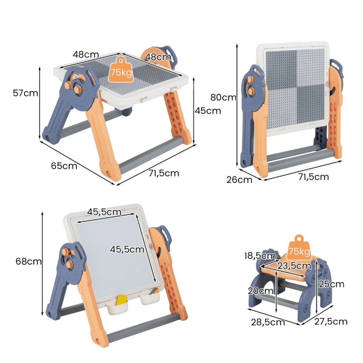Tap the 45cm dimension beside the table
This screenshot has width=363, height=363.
click(208, 110)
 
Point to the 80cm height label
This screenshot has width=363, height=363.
click(223, 97)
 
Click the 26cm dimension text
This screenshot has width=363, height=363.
click(239, 180)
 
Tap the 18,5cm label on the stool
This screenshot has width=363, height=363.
click(260, 256)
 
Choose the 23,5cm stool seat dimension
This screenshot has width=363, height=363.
click(294, 265)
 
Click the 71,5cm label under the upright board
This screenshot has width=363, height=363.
click(313, 177)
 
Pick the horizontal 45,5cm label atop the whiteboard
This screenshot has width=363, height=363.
click(104, 212)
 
